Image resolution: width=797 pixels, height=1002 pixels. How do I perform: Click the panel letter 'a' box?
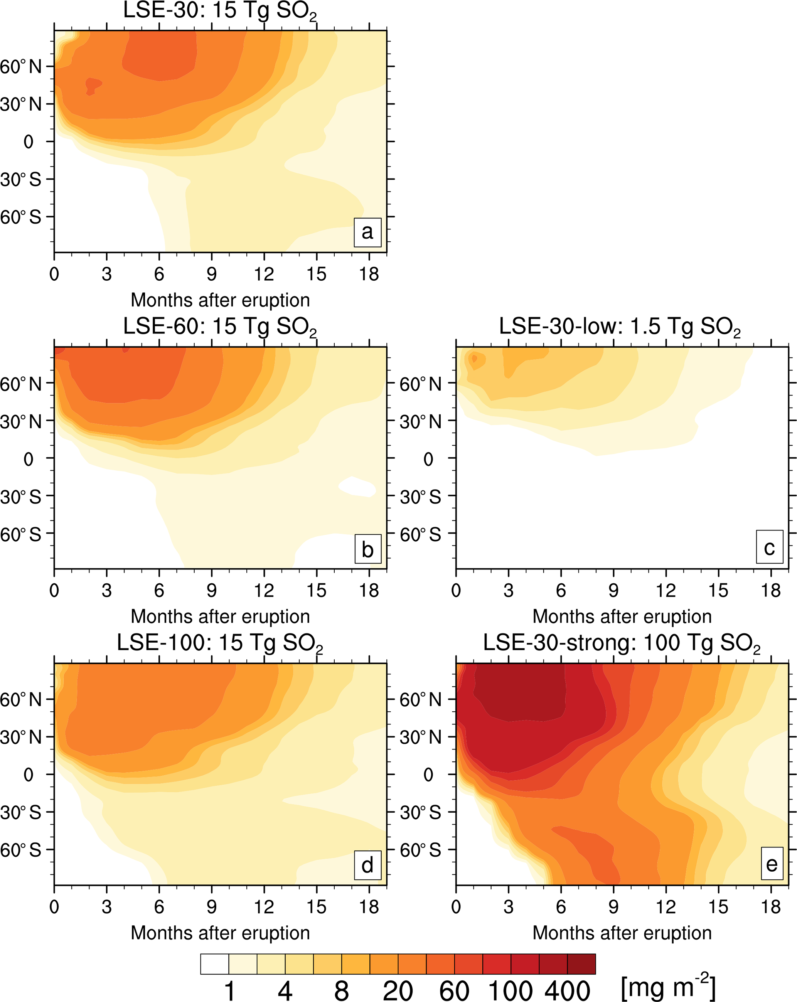(367, 232)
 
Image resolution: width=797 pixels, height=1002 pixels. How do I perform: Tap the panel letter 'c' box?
(769, 547)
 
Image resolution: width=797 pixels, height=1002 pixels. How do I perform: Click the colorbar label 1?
(229, 990)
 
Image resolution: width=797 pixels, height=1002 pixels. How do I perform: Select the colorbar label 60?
(454, 990)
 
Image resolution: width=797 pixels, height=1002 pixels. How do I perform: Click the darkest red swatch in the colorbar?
(581, 964)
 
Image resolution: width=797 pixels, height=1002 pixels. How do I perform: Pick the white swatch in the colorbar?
(214, 964)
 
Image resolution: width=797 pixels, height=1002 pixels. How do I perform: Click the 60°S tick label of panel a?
(21, 217)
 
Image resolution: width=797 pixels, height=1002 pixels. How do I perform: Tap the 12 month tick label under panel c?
(666, 591)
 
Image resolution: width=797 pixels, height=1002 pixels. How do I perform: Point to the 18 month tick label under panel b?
(369, 591)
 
